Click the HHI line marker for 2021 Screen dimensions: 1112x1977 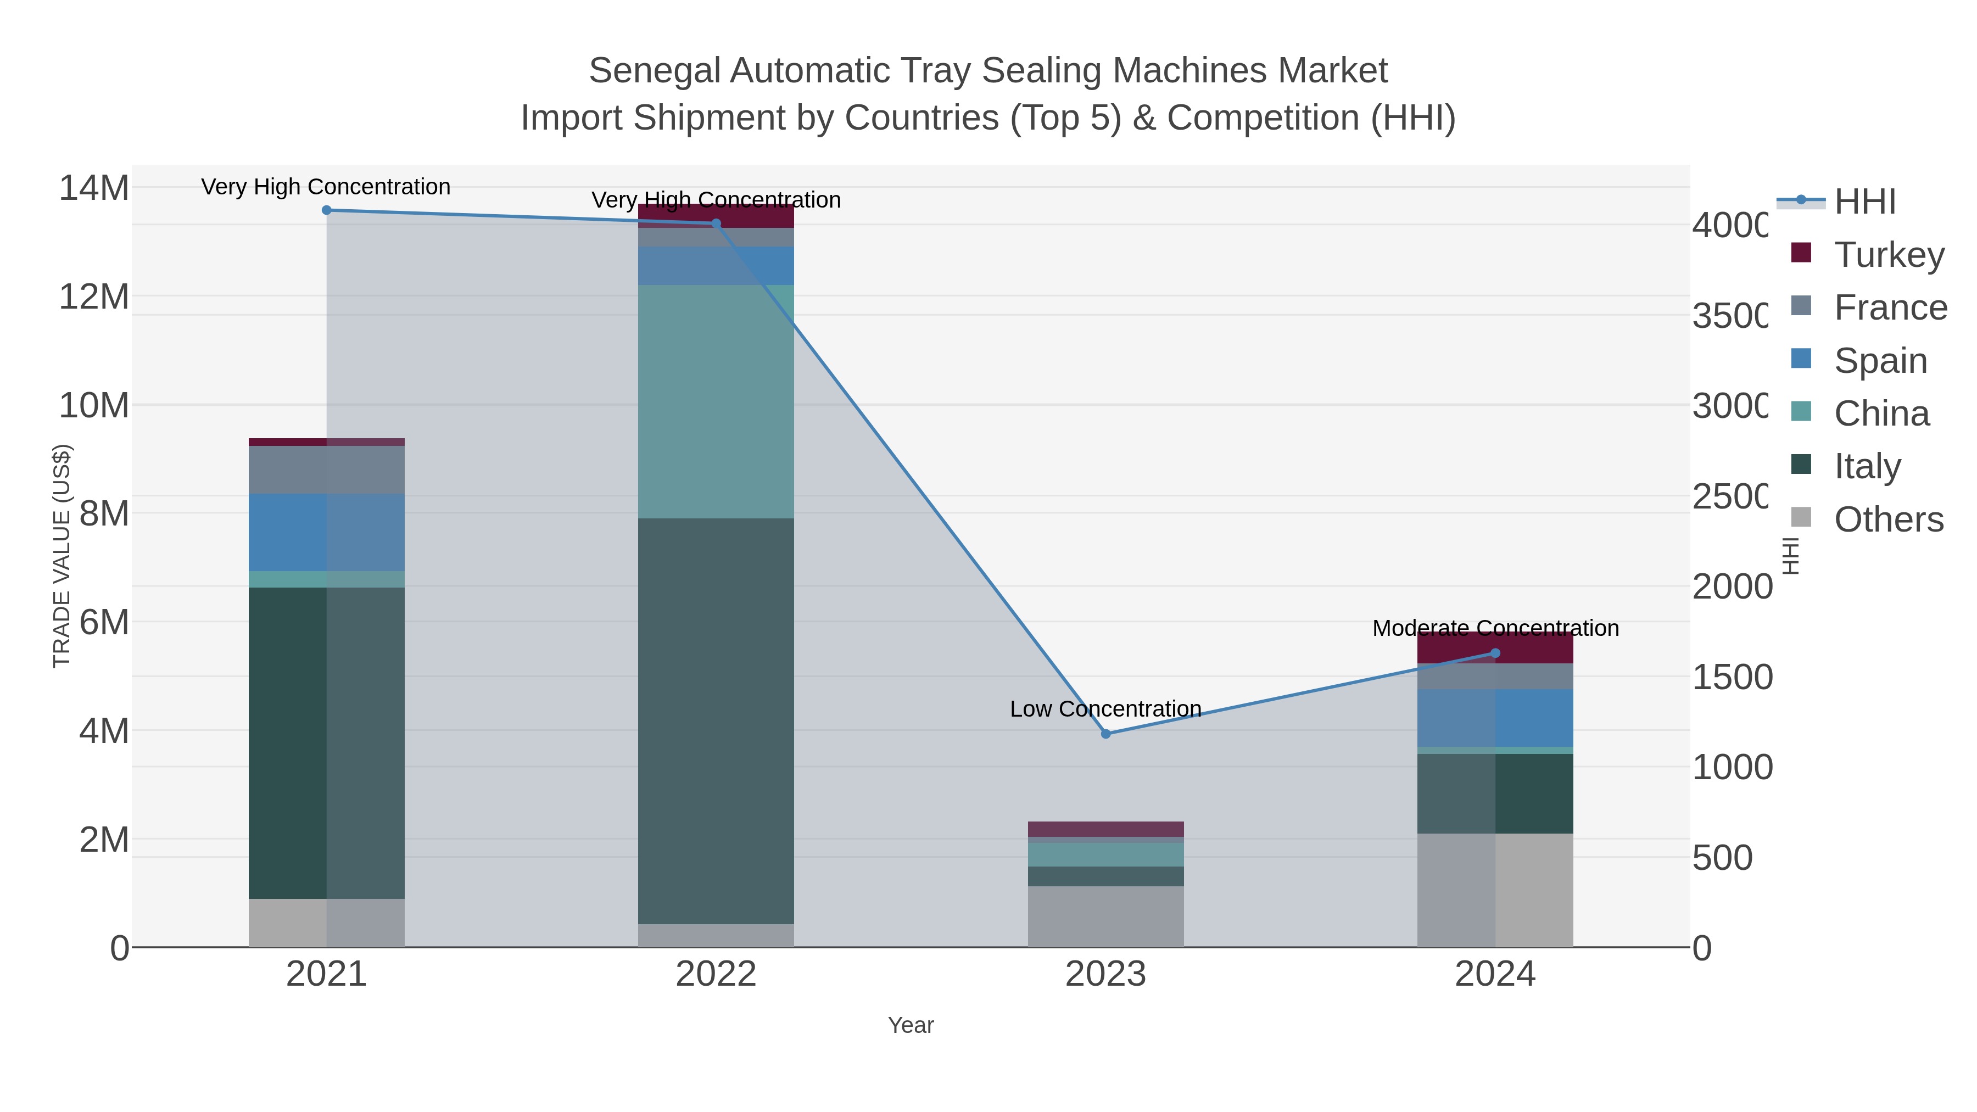(326, 210)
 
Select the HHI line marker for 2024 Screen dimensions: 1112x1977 (1495, 653)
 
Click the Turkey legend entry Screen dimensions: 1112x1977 (1888, 255)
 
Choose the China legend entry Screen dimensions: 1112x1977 (1880, 413)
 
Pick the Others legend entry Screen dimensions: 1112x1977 (1888, 519)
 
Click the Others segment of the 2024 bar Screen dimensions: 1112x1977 (1495, 890)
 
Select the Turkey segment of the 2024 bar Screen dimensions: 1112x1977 (1495, 648)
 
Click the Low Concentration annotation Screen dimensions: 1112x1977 (1105, 708)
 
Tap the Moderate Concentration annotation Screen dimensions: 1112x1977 (1495, 628)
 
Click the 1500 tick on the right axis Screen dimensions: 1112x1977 (1732, 677)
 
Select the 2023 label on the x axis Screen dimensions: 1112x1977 (1105, 974)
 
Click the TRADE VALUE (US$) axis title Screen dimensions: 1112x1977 (62, 556)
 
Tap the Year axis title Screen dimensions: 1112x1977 (910, 1025)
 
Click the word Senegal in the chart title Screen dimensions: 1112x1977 (654, 71)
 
